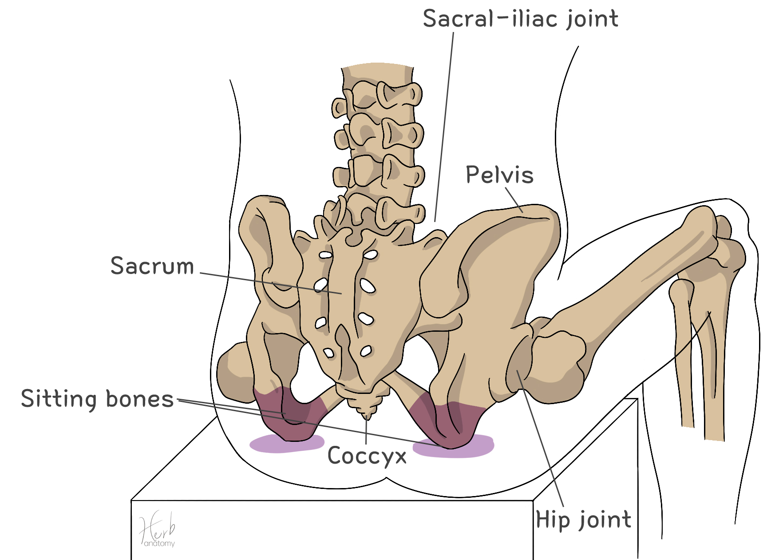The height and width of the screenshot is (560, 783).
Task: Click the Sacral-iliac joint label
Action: point(520,20)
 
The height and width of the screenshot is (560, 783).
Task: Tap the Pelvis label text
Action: point(499,175)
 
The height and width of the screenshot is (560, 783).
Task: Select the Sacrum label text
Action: point(152,266)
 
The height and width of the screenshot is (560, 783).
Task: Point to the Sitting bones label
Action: point(97,399)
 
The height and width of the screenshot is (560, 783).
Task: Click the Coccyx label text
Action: point(367,456)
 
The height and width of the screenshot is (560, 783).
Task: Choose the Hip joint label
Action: point(583,520)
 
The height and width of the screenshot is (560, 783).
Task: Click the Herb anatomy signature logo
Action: point(158,531)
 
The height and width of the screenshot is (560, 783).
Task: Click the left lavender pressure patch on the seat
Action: point(286,444)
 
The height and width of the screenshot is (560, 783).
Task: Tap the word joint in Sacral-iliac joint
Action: point(592,20)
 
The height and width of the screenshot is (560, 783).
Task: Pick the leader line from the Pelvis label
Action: point(514,200)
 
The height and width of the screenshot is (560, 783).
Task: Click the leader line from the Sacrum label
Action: point(271,283)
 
